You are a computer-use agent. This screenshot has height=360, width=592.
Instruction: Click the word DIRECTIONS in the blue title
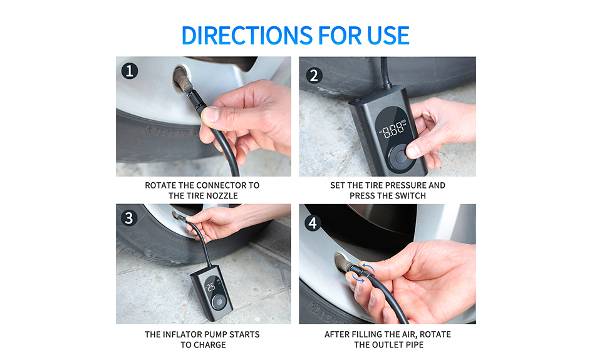(247, 36)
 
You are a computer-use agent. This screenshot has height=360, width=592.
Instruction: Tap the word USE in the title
(388, 36)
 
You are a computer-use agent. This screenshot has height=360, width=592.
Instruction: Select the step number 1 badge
(130, 71)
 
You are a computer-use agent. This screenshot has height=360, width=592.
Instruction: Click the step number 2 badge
(314, 75)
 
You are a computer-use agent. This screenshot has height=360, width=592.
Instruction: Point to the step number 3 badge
(129, 218)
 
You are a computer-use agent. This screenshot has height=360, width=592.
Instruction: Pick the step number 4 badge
(313, 223)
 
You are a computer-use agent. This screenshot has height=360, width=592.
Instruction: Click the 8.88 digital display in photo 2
(393, 130)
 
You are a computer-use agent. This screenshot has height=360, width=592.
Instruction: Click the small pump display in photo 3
(211, 287)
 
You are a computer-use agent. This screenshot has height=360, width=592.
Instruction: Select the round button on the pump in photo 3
(218, 302)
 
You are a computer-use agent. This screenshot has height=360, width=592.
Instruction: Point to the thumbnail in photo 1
(211, 114)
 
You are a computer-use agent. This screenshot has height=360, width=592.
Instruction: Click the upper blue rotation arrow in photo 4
(367, 267)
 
